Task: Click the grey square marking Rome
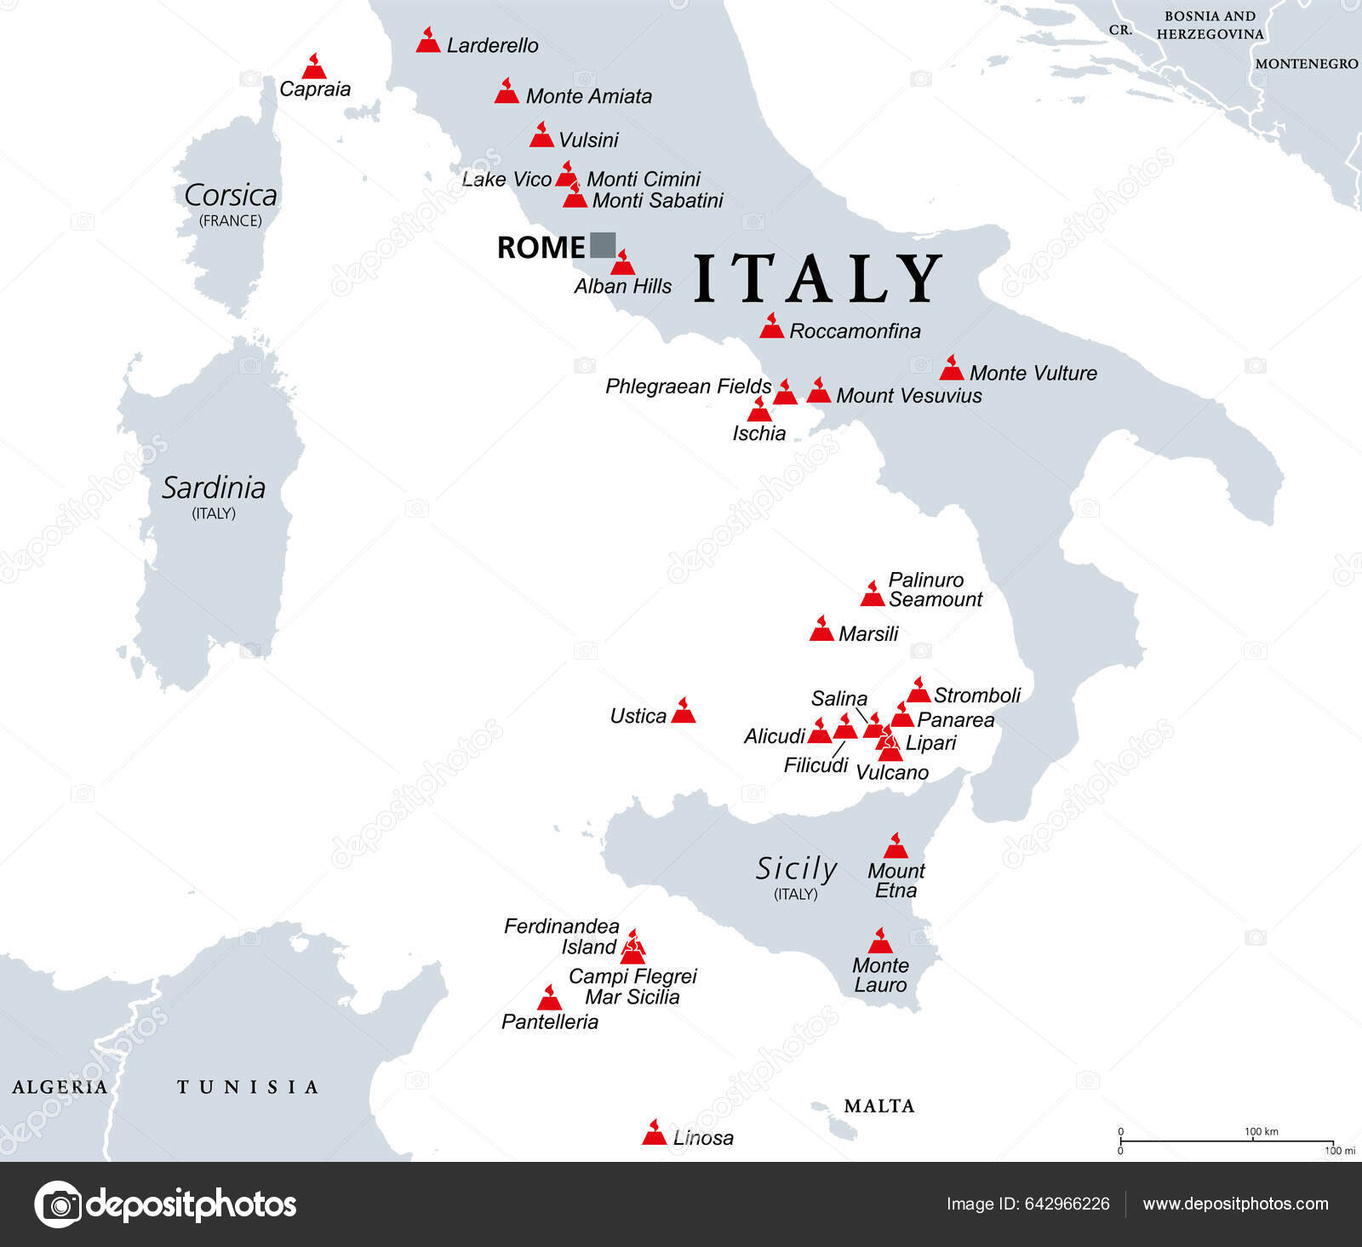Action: pyautogui.click(x=603, y=245)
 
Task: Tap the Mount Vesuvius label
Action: pyautogui.click(x=908, y=396)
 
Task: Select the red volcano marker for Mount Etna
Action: pyautogui.click(x=896, y=847)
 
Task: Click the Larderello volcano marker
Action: pyautogui.click(x=428, y=42)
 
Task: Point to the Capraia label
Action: pyautogui.click(x=315, y=89)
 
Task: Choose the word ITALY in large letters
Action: pyautogui.click(x=817, y=278)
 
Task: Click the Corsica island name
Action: pyautogui.click(x=231, y=196)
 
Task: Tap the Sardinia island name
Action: pyautogui.click(x=214, y=488)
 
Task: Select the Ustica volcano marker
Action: pyautogui.click(x=684, y=712)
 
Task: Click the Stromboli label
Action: pyautogui.click(x=976, y=695)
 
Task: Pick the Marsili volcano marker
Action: pyautogui.click(x=821, y=630)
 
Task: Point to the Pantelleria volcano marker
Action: pyautogui.click(x=550, y=999)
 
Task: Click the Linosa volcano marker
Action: pyautogui.click(x=654, y=1134)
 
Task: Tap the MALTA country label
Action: pyautogui.click(x=878, y=1106)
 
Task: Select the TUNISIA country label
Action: pyautogui.click(x=248, y=1087)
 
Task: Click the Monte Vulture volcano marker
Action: pyautogui.click(x=951, y=369)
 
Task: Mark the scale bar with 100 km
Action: pyautogui.click(x=1226, y=1141)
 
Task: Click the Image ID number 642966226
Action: pyautogui.click(x=1067, y=1204)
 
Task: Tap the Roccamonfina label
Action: pyautogui.click(x=855, y=331)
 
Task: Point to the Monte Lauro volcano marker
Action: pyautogui.click(x=880, y=942)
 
